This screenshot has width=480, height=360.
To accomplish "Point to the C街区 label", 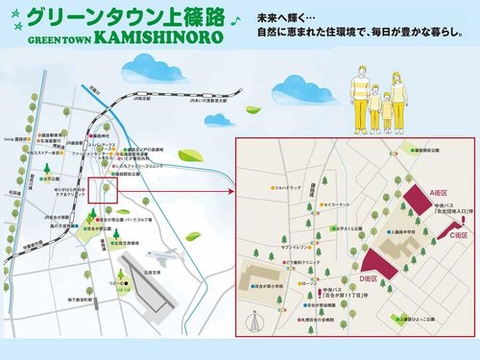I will click(461, 234).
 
